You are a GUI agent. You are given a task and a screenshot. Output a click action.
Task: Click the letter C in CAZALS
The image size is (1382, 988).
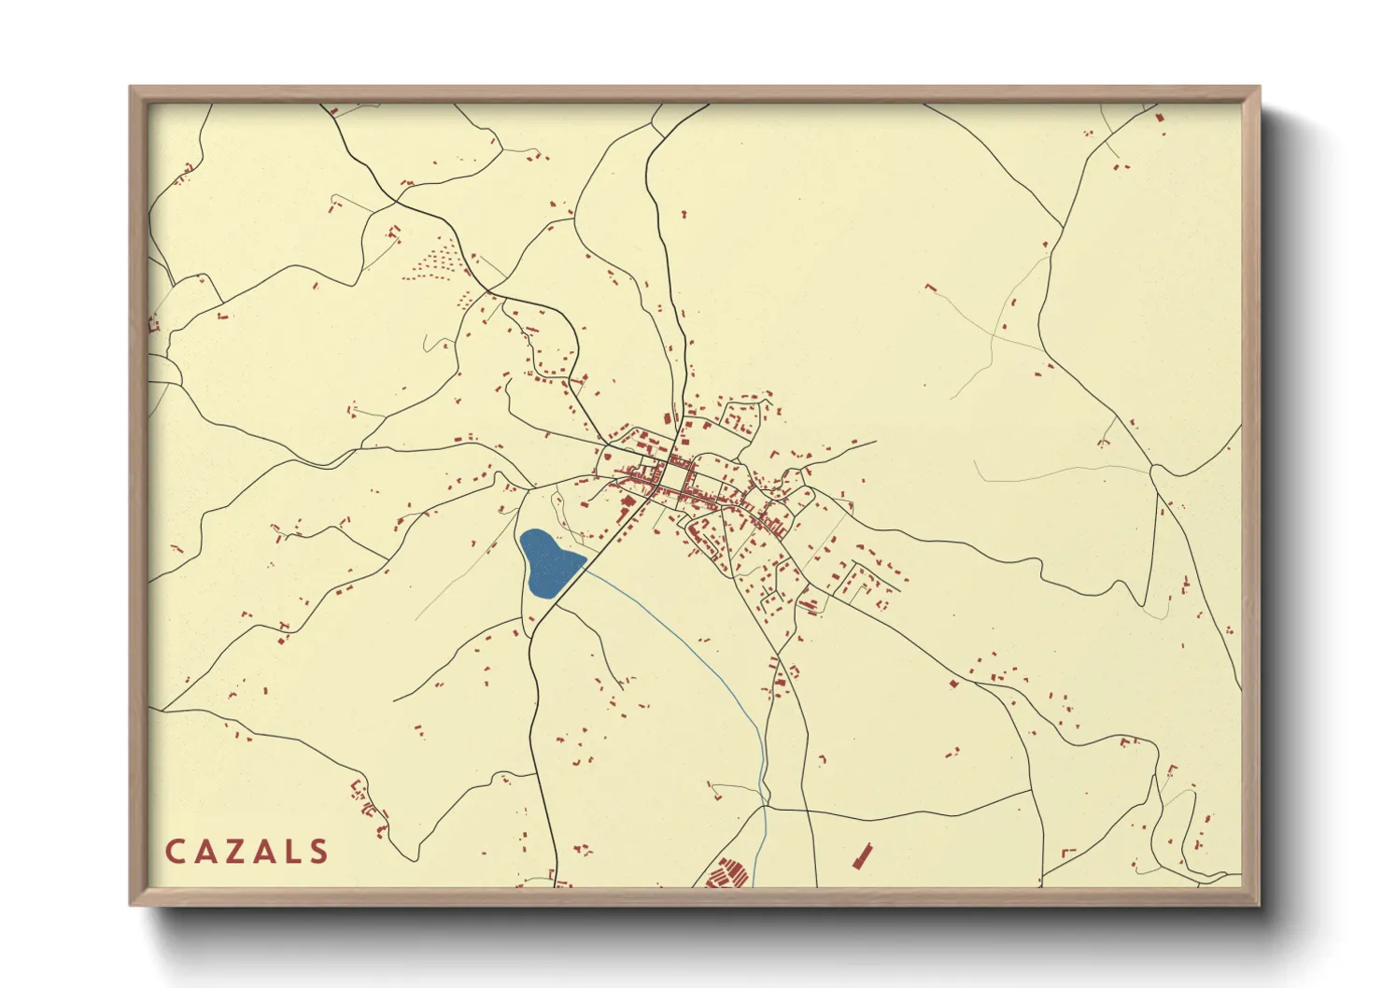tap(175, 852)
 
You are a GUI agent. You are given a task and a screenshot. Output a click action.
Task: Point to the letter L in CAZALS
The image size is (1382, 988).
tap(294, 852)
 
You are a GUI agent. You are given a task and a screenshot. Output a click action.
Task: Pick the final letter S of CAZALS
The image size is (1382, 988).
tap(320, 852)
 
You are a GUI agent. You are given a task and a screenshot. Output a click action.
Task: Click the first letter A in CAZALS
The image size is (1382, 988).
tap(206, 852)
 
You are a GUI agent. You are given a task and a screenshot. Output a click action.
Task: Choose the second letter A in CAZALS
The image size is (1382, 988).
tap(267, 852)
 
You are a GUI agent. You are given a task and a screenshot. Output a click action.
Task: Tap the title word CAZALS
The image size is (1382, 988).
tap(247, 852)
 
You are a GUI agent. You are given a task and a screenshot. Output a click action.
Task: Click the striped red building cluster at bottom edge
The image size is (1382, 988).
tap(726, 875)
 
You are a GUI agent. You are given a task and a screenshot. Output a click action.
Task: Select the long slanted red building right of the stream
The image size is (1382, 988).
tap(860, 856)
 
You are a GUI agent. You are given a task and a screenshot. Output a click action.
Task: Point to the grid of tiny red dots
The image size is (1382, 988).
tap(435, 258)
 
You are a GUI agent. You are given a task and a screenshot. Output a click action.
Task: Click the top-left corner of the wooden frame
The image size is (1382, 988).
tap(132, 89)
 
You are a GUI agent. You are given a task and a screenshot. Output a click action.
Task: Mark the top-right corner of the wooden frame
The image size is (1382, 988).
tap(1258, 89)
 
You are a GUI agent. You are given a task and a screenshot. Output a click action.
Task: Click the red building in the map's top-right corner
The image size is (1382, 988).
tap(1161, 119)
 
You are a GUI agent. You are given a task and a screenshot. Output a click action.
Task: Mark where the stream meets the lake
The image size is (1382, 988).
tap(585, 563)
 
